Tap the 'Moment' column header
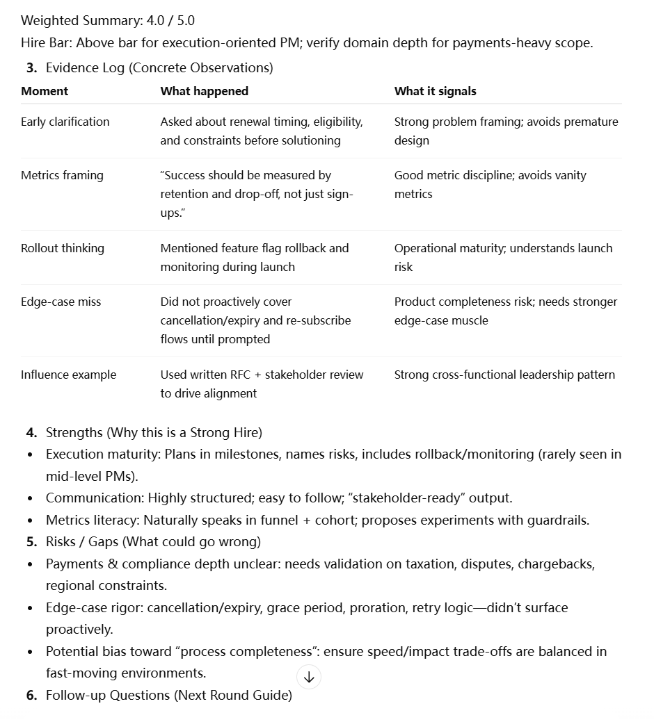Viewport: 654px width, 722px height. click(x=45, y=91)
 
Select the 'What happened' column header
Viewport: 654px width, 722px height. click(x=204, y=91)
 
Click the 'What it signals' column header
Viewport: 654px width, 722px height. click(x=435, y=91)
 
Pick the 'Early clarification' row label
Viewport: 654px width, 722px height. click(x=65, y=122)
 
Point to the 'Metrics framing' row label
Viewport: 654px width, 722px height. click(x=62, y=175)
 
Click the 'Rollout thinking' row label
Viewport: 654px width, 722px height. click(x=63, y=248)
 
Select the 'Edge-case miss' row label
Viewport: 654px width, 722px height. click(x=61, y=302)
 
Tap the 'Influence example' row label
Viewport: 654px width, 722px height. click(x=68, y=375)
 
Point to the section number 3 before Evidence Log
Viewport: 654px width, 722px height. click(x=31, y=67)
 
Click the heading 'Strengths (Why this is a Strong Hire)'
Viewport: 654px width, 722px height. click(x=154, y=432)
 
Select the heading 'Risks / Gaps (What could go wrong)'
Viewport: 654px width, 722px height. click(x=153, y=541)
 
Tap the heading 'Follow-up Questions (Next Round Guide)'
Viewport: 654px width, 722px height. click(x=168, y=695)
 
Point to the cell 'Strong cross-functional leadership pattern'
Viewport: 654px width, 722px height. click(x=504, y=375)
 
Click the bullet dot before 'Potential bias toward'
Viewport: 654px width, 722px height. click(x=30, y=652)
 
